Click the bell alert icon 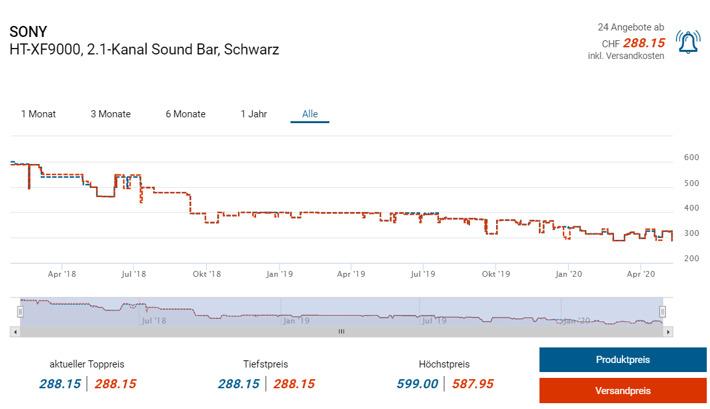(687, 42)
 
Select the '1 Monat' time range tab (38, 114)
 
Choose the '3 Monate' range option (110, 114)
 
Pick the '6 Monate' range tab (185, 114)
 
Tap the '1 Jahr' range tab (254, 114)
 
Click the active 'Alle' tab (310, 114)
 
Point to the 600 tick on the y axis (691, 158)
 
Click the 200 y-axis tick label (691, 259)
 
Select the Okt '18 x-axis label (207, 274)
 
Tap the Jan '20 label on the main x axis (569, 274)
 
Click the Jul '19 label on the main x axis (423, 274)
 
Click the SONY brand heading (28, 32)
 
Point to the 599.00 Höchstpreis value (418, 384)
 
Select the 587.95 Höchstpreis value (473, 384)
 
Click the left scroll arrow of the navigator (14, 331)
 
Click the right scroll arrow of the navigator (669, 331)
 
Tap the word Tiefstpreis (266, 364)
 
